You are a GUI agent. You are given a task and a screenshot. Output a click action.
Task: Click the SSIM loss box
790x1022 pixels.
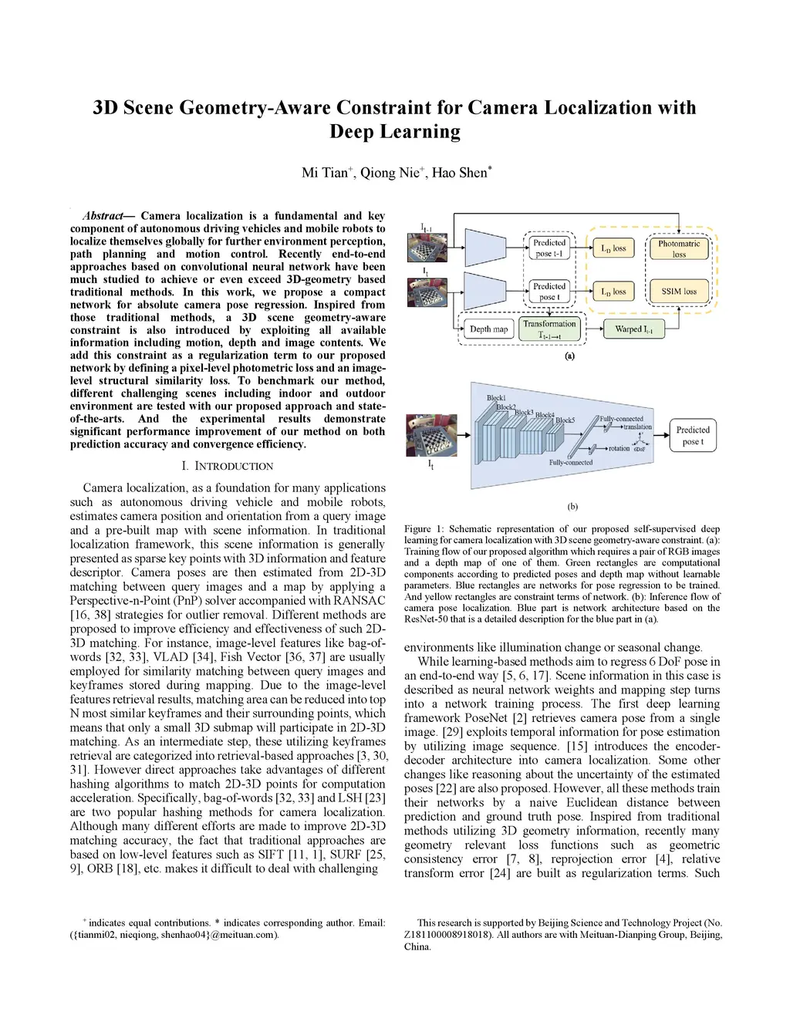[679, 292]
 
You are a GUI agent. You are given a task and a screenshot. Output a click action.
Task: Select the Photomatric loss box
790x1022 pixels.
[679, 248]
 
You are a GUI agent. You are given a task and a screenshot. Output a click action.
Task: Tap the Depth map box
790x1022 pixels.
[489, 329]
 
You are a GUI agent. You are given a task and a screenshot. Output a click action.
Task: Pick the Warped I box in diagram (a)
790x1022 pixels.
[633, 329]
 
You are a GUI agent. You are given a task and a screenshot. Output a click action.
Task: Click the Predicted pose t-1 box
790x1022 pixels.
[549, 248]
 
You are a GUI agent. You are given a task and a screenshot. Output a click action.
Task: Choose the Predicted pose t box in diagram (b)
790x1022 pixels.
[692, 436]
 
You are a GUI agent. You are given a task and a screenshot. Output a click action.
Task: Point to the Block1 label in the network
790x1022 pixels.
[496, 398]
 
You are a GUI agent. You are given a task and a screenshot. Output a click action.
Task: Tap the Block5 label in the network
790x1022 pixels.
[565, 420]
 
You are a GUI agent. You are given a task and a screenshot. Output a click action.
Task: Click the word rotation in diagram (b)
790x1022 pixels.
[619, 448]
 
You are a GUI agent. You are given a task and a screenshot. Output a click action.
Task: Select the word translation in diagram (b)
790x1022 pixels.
[637, 427]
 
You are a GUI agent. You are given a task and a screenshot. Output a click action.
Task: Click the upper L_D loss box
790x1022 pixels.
[614, 248]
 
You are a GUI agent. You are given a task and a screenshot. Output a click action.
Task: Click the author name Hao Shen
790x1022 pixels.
[461, 173]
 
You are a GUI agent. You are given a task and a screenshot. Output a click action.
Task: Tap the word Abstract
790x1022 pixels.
[103, 216]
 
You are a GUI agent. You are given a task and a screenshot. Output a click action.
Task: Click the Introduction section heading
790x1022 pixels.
[228, 466]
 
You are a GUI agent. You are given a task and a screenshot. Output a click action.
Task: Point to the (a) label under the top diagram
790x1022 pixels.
[569, 356]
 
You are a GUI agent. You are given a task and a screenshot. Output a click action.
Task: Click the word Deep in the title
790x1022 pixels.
[356, 132]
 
